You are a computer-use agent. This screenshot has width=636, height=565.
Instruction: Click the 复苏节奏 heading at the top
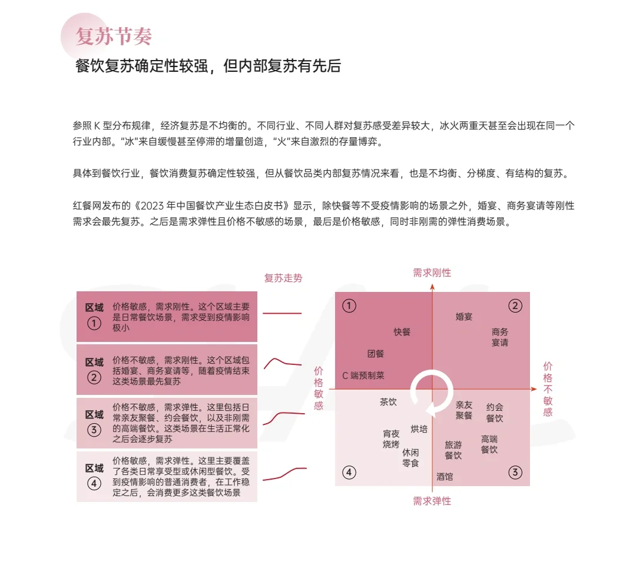114,36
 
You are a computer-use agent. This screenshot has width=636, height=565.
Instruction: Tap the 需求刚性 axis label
432,272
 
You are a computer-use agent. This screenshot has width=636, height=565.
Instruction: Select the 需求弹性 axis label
432,501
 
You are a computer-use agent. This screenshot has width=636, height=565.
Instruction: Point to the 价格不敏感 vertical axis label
548,388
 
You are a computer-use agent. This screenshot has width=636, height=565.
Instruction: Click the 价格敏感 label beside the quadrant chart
319,388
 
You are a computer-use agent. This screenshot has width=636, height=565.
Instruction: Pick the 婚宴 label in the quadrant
464,317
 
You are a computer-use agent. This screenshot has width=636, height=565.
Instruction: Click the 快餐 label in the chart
402,332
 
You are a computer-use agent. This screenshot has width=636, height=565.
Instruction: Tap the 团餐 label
376,354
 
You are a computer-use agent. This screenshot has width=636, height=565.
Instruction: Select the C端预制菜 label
363,375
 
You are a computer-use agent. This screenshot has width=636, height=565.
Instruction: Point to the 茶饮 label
388,402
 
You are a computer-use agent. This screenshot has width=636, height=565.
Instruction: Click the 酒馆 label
445,477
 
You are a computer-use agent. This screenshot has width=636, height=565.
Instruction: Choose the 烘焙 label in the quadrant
419,429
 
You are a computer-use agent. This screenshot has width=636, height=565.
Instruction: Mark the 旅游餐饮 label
453,450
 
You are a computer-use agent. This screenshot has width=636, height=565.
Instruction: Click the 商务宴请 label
500,337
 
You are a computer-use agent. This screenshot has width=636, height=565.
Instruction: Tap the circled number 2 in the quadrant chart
515,305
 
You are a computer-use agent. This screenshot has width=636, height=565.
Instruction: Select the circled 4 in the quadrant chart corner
349,472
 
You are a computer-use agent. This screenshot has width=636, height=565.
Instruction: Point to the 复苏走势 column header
283,278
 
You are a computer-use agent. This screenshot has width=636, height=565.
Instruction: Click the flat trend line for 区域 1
281,313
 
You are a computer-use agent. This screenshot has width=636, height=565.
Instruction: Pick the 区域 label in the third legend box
94,414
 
